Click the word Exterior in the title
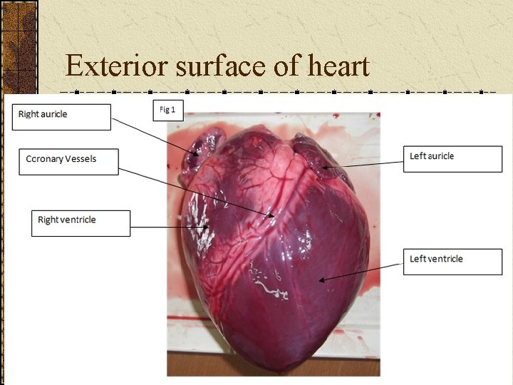(107, 66)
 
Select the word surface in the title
(207, 66)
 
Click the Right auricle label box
(61, 117)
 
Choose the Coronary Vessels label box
(68, 160)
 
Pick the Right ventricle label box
(81, 222)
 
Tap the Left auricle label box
(452, 159)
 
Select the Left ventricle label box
(452, 261)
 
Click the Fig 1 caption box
(169, 111)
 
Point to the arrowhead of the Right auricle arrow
(199, 155)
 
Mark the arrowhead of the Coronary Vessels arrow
(272, 215)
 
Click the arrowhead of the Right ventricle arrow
(208, 227)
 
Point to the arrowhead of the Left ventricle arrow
(321, 280)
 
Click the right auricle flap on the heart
(197, 153)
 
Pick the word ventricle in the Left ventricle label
(445, 259)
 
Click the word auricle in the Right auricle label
(54, 114)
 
